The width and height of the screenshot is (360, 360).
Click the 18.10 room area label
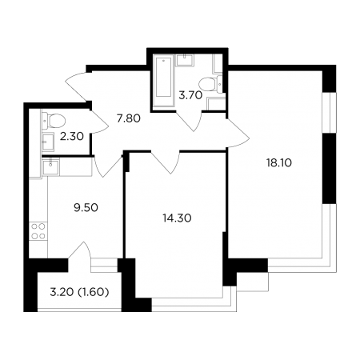point(279,162)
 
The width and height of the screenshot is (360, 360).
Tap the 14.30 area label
point(177,218)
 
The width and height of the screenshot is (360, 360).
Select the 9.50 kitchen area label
point(86,207)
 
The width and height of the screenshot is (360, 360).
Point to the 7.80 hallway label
point(129,118)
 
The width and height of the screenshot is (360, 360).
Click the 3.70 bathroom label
point(190,95)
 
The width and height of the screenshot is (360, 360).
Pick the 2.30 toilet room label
point(72,137)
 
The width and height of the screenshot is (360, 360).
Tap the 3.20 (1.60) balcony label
point(79,292)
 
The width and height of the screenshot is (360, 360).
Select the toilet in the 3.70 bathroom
point(210,84)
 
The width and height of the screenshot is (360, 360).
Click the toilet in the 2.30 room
point(54,121)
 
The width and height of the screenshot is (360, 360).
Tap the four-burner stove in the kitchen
point(38,231)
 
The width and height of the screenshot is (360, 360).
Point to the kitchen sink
point(50,166)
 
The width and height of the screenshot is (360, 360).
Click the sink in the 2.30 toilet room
point(48,142)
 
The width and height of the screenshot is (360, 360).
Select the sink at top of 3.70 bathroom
point(184,61)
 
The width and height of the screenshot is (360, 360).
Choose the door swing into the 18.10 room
point(238,134)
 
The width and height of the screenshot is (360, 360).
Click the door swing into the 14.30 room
point(166,162)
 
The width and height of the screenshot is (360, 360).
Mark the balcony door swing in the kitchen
point(80,250)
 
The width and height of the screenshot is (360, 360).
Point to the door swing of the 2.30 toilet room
point(99,122)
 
